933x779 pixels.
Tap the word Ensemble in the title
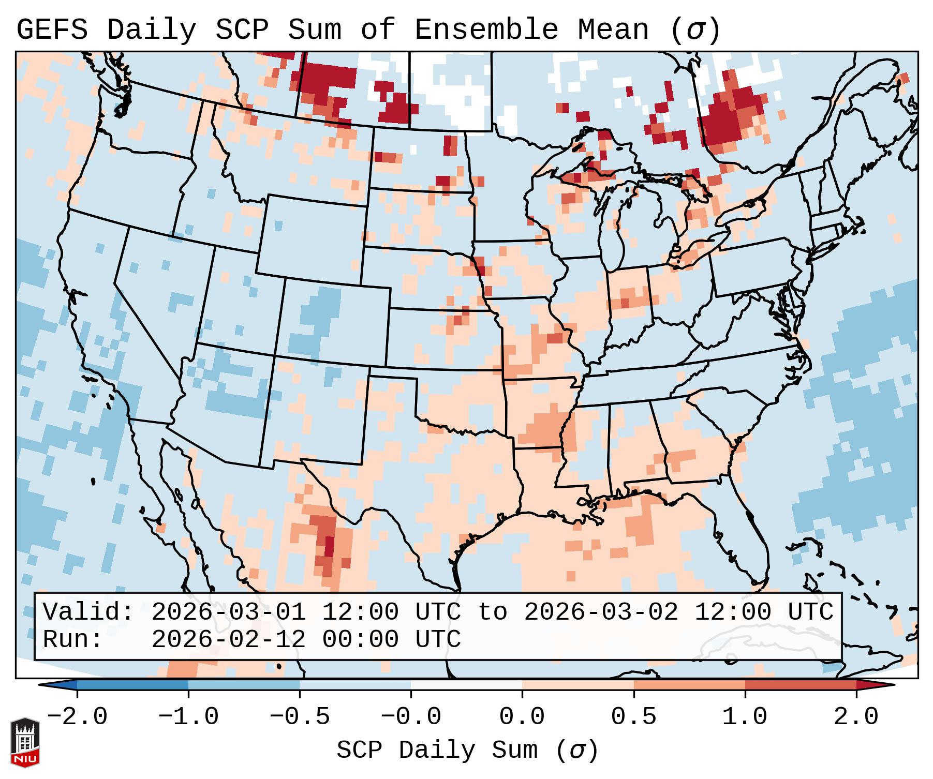click(x=486, y=30)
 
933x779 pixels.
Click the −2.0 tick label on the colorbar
click(x=77, y=717)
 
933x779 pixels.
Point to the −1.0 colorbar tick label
click(x=188, y=717)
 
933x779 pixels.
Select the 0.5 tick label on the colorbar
click(x=633, y=717)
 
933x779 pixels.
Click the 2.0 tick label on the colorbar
click(x=856, y=717)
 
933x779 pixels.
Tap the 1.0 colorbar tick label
click(x=745, y=717)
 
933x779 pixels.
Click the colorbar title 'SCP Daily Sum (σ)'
click(x=467, y=751)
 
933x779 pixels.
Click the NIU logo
click(x=25, y=742)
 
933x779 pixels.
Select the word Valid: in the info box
click(x=88, y=612)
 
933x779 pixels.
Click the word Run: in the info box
click(x=73, y=639)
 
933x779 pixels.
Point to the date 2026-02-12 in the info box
click(x=228, y=639)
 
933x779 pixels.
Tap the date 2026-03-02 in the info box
click(x=601, y=612)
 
